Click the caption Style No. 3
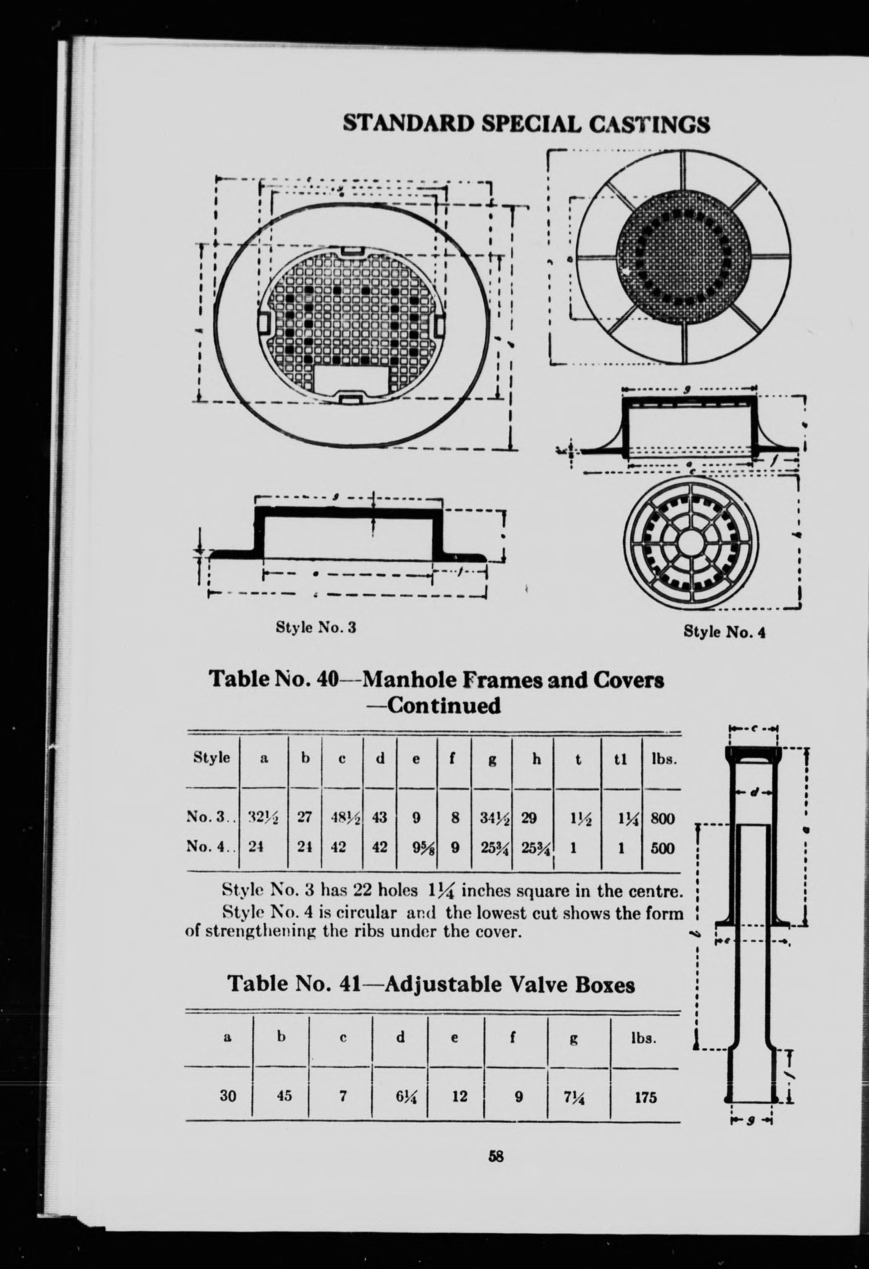pos(316,627)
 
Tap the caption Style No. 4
pos(724,632)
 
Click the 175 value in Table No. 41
pos(646,1081)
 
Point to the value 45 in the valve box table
pos(284,1081)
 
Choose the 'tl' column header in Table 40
pos(620,759)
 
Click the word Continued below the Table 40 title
pos(442,705)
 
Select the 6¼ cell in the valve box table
pos(400,1082)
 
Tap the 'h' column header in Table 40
pos(537,759)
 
